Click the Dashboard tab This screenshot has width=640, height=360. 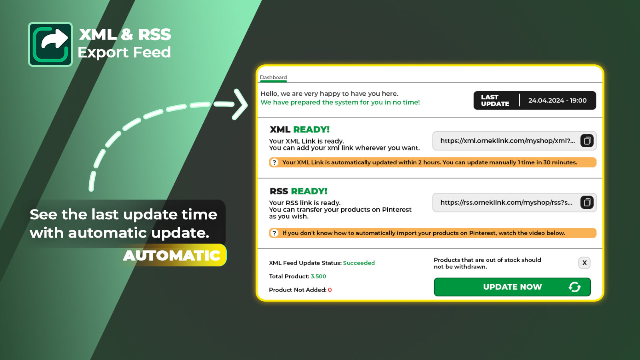(x=273, y=78)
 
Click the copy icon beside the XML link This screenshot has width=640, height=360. (x=587, y=141)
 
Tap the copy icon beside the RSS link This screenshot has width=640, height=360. (x=587, y=202)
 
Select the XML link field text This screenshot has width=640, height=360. (x=507, y=141)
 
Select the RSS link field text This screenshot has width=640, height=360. (x=506, y=202)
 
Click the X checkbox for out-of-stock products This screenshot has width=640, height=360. (x=584, y=263)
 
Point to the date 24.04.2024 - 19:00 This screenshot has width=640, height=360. (x=557, y=100)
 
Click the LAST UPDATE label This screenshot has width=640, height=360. (x=495, y=100)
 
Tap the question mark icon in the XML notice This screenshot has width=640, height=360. (x=274, y=162)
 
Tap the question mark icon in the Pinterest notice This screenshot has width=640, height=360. (x=274, y=233)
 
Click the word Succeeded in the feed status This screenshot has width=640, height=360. (x=359, y=263)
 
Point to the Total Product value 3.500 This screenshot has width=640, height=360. (x=318, y=276)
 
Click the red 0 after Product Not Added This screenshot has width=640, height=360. (x=330, y=290)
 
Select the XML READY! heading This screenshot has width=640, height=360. (x=300, y=130)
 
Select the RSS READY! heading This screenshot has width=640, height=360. (x=298, y=191)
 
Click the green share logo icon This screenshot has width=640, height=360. (x=50, y=44)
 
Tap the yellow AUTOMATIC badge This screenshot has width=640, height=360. (x=173, y=256)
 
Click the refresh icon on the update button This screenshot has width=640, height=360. (x=574, y=287)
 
